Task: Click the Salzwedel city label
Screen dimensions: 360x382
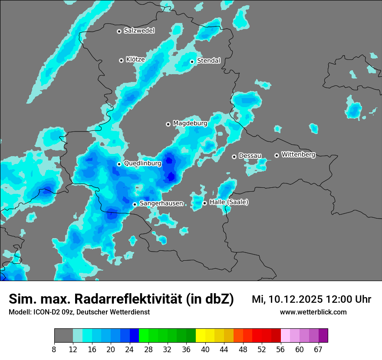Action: (x=139, y=31)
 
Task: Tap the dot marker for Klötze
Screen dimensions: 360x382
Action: (x=121, y=60)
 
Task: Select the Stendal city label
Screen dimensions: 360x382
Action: (x=208, y=61)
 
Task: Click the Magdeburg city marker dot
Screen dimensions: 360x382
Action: (x=168, y=124)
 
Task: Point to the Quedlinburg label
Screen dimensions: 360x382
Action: (x=142, y=164)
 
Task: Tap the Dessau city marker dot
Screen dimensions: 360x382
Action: (x=234, y=156)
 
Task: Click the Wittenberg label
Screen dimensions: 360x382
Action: (x=298, y=154)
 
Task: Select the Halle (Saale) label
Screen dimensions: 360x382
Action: (x=229, y=202)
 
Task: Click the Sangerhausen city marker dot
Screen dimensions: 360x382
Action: (x=135, y=204)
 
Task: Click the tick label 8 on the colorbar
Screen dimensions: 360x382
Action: (x=54, y=350)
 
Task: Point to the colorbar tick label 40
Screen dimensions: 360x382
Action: (x=205, y=350)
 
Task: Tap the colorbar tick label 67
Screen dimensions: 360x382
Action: (x=318, y=350)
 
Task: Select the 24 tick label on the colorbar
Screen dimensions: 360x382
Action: (x=130, y=350)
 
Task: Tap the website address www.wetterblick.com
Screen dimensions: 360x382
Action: (x=313, y=312)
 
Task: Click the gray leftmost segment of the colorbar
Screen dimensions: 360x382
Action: (x=63, y=336)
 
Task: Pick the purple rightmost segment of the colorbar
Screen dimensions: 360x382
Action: (x=323, y=336)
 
